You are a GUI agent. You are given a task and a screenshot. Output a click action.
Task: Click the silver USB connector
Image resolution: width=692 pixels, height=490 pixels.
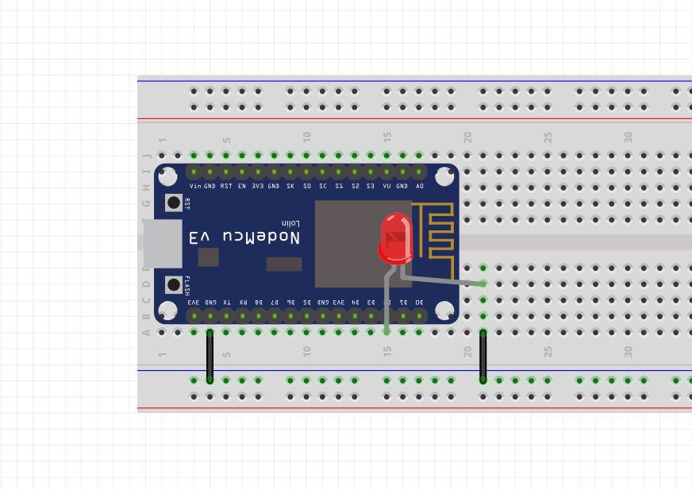click(162, 243)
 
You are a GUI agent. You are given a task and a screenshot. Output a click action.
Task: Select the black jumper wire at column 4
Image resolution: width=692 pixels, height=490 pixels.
click(210, 357)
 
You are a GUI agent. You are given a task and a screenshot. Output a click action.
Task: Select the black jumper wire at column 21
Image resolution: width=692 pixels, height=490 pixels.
click(482, 357)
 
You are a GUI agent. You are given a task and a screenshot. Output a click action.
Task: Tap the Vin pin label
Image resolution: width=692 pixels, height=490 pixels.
click(194, 186)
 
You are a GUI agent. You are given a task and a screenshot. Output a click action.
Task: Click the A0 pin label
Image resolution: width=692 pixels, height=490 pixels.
click(420, 186)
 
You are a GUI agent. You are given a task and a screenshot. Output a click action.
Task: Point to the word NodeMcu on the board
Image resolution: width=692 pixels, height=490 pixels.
click(244, 237)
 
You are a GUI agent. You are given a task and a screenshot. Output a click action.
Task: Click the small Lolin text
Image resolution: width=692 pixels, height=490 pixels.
click(290, 223)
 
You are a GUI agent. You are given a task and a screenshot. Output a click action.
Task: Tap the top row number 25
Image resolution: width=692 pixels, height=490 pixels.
click(548, 137)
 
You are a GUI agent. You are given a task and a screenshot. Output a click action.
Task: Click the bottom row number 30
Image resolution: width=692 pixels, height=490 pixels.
click(628, 350)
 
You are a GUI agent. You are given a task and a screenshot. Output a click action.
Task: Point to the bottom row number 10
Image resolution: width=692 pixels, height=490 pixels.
click(306, 350)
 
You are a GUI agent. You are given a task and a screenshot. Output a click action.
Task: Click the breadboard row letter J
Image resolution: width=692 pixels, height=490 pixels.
click(146, 156)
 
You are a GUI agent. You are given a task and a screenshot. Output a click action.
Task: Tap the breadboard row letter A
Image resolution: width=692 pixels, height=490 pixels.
click(146, 333)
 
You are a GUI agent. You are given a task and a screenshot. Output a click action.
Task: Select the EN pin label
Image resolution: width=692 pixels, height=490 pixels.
click(242, 186)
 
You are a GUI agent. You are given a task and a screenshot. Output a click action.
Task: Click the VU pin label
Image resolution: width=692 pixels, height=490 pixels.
click(387, 186)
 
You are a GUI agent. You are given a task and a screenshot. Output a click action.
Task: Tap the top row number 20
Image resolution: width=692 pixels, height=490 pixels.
click(467, 137)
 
